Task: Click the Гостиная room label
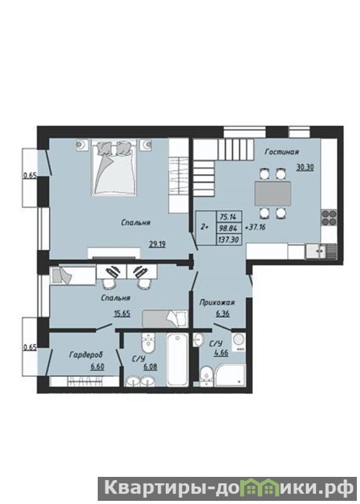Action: [x=282, y=152]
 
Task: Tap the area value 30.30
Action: [x=305, y=167]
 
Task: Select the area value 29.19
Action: [x=157, y=244]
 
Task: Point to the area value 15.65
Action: [x=122, y=314]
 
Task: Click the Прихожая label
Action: [x=217, y=302]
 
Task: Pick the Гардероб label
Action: [x=86, y=355]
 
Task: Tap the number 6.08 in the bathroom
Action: [x=150, y=366]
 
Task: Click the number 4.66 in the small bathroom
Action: [x=221, y=353]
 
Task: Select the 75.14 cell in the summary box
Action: [x=227, y=216]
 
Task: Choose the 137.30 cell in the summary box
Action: [x=229, y=240]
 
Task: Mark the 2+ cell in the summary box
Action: [x=205, y=227]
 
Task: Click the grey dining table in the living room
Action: [x=272, y=194]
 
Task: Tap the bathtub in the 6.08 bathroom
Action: [x=177, y=359]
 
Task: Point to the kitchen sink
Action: [x=321, y=251]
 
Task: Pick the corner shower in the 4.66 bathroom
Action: [x=231, y=375]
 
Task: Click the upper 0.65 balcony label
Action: [x=30, y=175]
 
